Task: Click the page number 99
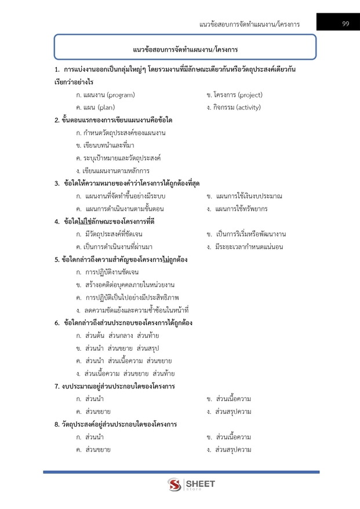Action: click(x=345, y=24)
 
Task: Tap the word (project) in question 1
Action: click(x=246, y=94)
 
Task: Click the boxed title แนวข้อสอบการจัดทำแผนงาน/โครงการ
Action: click(x=185, y=49)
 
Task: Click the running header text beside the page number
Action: click(x=249, y=24)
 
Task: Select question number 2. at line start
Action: click(x=57, y=120)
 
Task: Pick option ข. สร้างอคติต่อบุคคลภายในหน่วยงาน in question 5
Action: click(x=125, y=285)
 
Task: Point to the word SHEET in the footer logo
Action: click(x=201, y=483)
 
